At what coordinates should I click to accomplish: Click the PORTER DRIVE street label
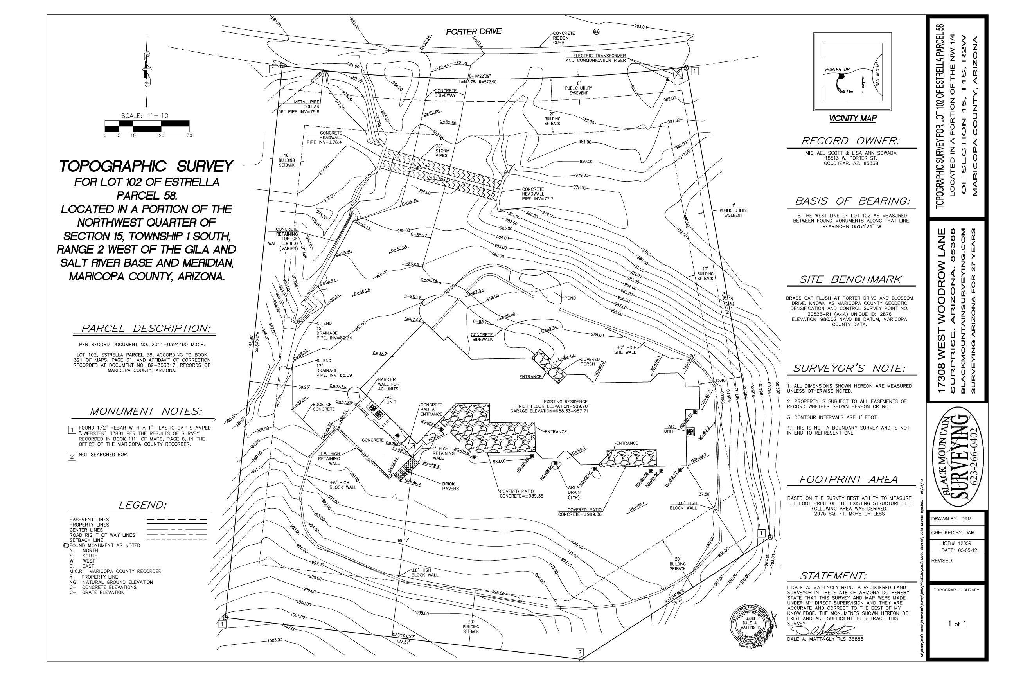[473, 31]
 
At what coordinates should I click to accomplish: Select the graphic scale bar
[147, 126]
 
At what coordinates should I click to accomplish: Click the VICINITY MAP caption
[852, 119]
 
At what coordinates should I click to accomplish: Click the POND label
[570, 298]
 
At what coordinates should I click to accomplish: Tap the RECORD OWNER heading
[850, 141]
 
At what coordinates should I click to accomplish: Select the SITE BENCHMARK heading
[850, 279]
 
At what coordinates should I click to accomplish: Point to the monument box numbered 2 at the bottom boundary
[580, 652]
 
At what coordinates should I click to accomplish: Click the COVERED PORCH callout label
[589, 361]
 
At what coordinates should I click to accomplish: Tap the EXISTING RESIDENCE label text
[566, 401]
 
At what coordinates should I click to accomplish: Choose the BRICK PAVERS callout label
[450, 486]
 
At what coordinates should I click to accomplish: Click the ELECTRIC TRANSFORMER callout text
[599, 56]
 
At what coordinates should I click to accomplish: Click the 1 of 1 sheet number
[956, 624]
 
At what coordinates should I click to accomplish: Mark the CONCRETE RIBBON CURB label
[563, 38]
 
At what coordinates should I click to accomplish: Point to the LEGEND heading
[142, 505]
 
